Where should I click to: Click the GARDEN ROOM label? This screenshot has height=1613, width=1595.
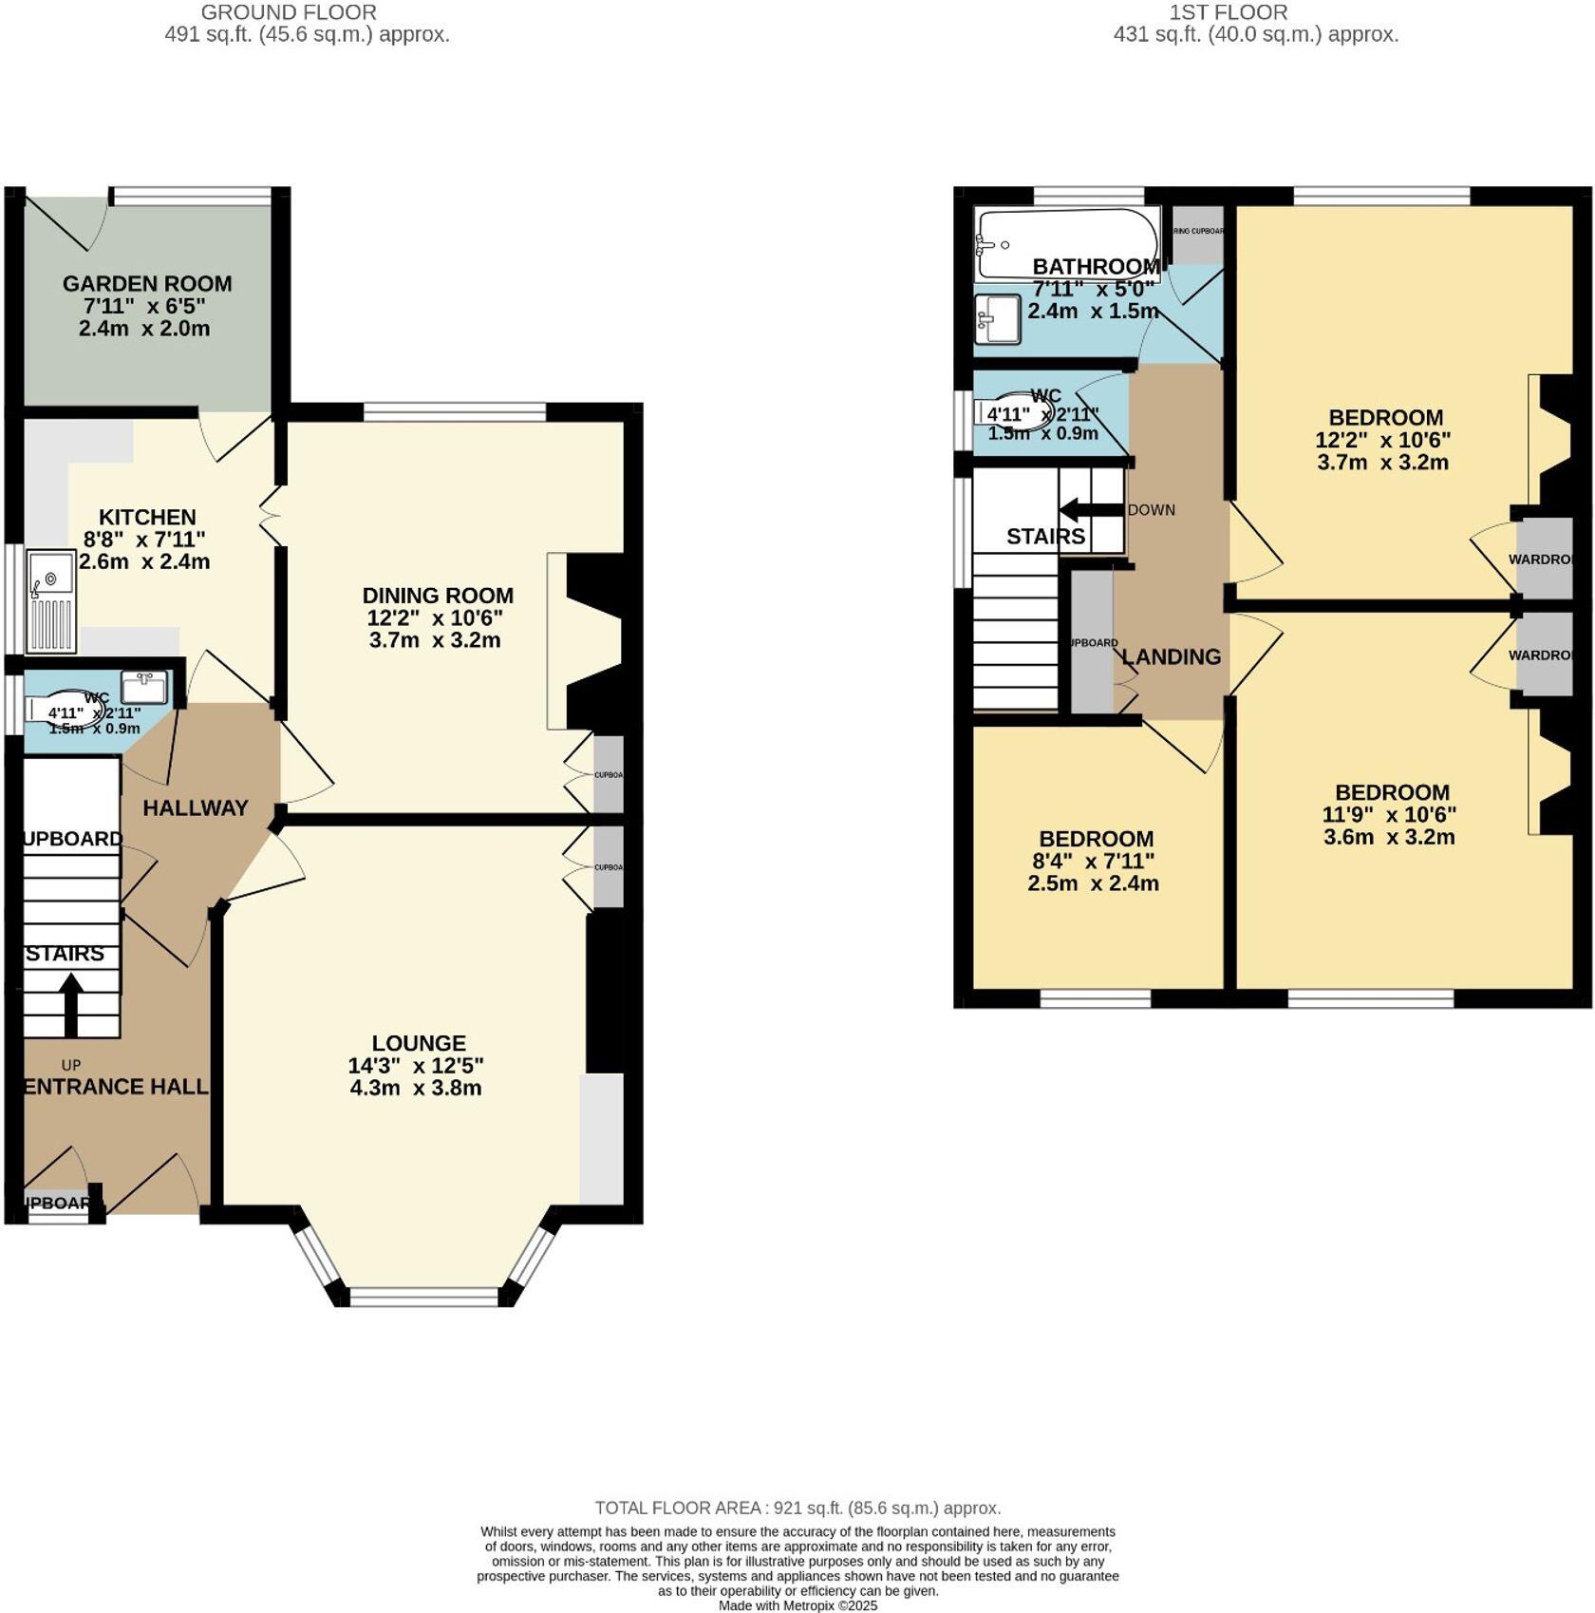(x=147, y=283)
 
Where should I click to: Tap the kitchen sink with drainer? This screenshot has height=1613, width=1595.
(x=51, y=600)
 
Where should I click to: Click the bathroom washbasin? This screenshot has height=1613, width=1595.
(x=997, y=318)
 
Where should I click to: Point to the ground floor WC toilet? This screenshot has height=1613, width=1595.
(x=65, y=710)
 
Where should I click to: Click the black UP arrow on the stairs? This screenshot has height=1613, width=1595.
(x=71, y=1005)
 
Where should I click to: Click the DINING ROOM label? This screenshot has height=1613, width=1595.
(x=438, y=596)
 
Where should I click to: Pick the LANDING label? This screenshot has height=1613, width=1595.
(x=1171, y=656)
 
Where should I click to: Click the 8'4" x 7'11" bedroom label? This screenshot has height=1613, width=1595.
(x=1097, y=862)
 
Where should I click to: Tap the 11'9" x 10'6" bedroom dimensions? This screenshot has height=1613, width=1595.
(x=1389, y=815)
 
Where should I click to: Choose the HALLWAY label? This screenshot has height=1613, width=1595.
(x=196, y=807)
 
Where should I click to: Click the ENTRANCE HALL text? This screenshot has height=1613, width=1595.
(x=115, y=1087)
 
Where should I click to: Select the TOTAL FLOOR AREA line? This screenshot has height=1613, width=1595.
(x=797, y=1508)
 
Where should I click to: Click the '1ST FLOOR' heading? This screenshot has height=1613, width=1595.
(x=1228, y=12)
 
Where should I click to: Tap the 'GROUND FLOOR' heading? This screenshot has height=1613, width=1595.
(x=289, y=12)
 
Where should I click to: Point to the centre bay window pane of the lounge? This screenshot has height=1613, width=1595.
(x=423, y=1295)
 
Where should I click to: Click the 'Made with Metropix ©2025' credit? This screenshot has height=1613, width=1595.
(x=797, y=1605)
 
